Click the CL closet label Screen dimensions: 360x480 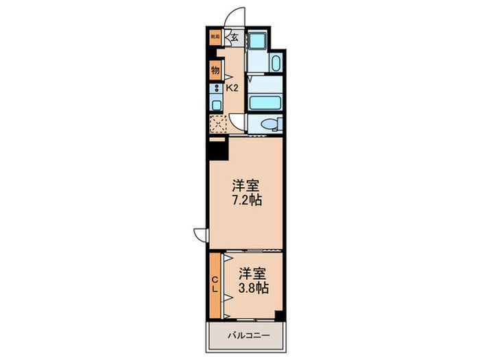click(215, 284)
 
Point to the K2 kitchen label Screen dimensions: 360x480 click(232, 88)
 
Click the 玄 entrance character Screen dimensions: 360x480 click(234, 38)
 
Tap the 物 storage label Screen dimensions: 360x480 click(215, 70)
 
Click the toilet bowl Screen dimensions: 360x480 click(271, 124)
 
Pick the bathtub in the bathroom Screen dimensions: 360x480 click(265, 103)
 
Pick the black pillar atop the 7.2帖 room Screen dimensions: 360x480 click(217, 148)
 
